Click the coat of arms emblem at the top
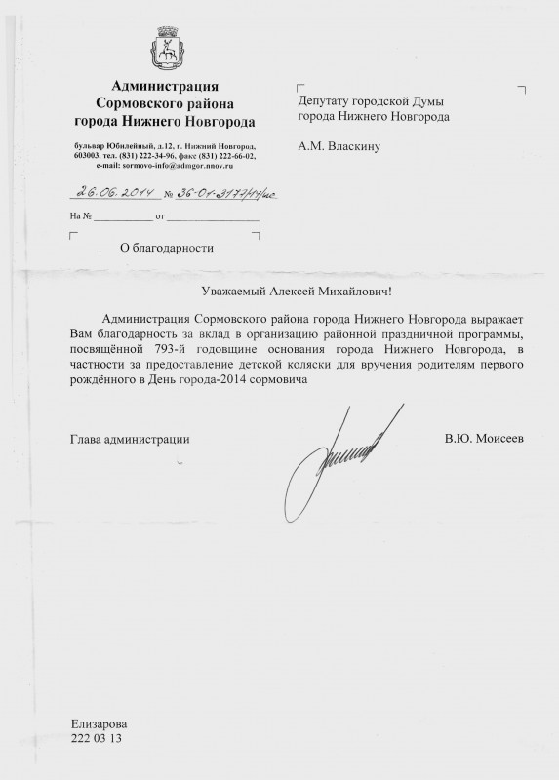coord(164,50)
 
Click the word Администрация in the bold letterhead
coord(165,89)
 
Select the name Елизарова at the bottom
coord(99,724)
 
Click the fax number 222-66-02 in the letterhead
coord(234,155)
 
